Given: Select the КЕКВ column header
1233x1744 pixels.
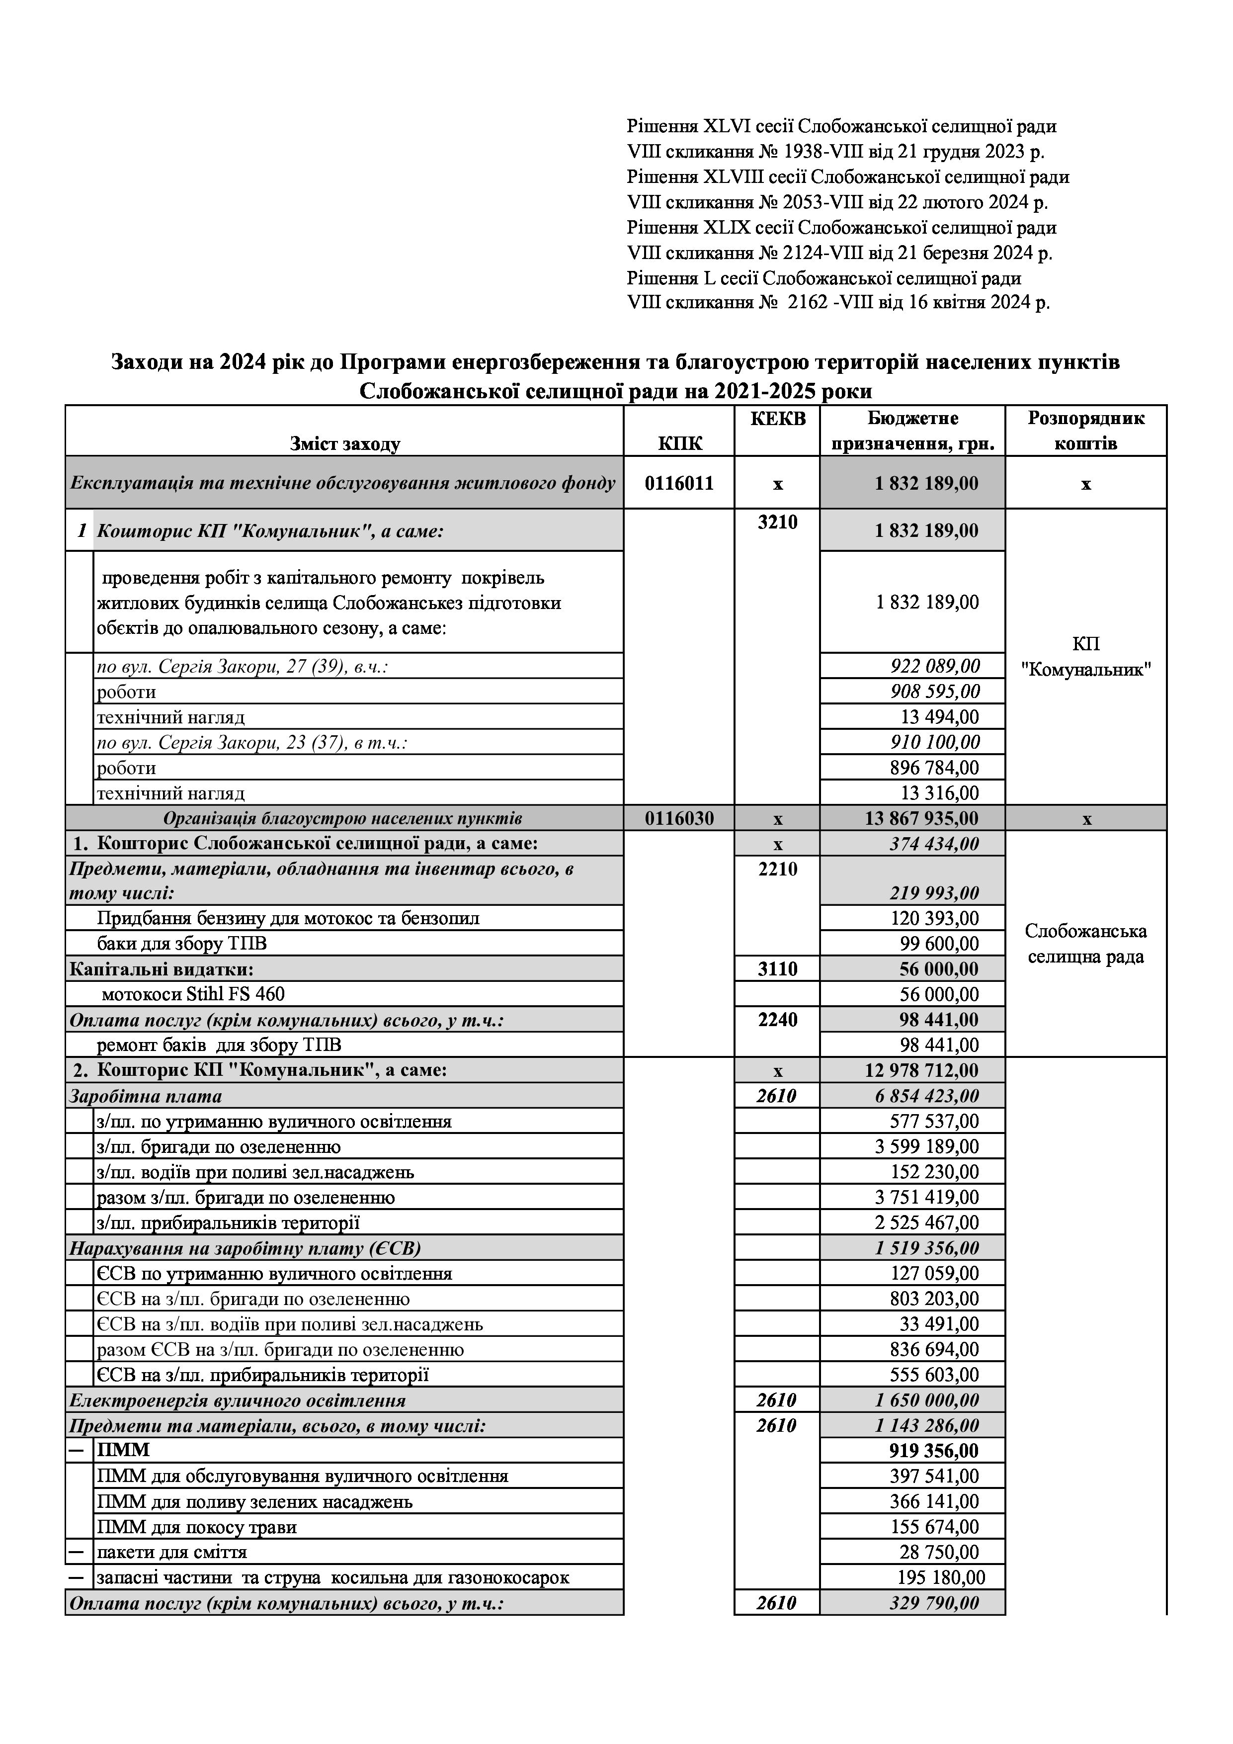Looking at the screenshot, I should [777, 419].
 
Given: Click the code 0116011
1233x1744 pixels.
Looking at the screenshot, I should [679, 483].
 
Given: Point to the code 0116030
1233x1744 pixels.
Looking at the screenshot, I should [679, 819].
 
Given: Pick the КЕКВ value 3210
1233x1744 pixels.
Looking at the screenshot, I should [777, 523].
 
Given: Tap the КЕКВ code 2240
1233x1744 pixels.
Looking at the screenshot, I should [777, 1019].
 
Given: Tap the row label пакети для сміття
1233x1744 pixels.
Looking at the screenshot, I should [171, 1552].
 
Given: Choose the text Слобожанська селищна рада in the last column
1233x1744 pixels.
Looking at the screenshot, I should [1086, 944].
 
